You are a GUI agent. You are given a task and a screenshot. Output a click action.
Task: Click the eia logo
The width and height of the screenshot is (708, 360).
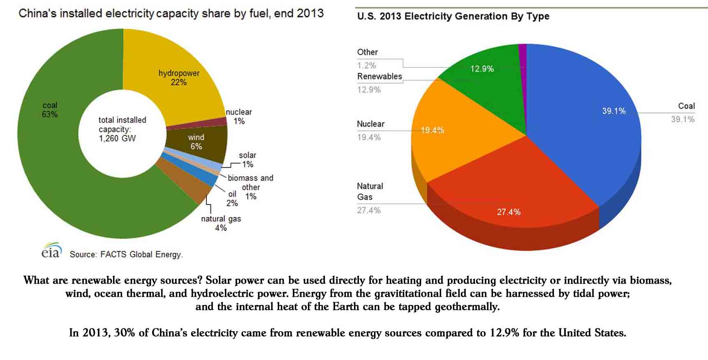tap(51, 251)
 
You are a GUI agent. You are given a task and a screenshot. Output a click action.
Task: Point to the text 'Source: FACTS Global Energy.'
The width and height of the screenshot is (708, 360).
tap(126, 254)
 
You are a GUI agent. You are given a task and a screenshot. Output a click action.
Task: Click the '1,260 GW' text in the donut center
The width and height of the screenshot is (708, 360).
tap(117, 138)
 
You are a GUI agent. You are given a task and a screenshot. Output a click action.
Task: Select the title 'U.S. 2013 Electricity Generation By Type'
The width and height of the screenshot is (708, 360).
tap(453, 16)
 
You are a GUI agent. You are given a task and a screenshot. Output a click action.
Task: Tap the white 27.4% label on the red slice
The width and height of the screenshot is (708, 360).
tap(509, 212)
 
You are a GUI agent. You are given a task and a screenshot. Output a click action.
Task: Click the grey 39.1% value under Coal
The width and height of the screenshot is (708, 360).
tap(683, 120)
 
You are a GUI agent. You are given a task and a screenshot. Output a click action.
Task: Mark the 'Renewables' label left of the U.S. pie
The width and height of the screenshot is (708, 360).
tap(379, 76)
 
